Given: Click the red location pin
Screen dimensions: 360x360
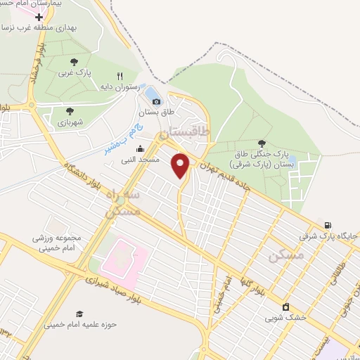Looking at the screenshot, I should [181, 165].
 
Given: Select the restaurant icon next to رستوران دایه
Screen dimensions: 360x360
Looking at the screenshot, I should [120, 76].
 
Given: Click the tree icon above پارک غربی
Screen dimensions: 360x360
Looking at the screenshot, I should [75, 62].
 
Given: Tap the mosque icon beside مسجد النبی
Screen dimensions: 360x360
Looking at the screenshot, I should [140, 148].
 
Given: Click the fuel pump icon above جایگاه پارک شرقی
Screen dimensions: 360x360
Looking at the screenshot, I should [328, 226].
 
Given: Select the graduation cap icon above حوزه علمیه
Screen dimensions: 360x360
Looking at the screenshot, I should [79, 314].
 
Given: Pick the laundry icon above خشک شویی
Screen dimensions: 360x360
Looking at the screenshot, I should [285, 307].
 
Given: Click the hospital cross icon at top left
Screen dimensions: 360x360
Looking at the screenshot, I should [38, 16].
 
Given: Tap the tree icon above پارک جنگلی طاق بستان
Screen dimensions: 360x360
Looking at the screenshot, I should [262, 143].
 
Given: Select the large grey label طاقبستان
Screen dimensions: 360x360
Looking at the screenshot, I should [185, 132].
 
